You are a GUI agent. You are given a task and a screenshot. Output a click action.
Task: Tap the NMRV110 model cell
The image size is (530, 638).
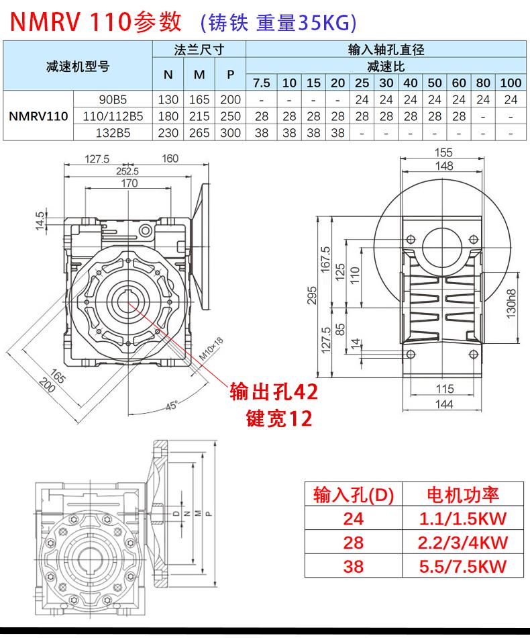38,116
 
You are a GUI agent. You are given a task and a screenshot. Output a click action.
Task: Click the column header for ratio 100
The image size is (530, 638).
511,83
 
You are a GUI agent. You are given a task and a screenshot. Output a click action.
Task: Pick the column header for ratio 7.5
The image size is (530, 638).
262,83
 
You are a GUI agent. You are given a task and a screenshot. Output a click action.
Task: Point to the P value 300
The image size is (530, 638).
230,133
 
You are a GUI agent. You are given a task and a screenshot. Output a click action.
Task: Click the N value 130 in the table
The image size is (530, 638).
168,99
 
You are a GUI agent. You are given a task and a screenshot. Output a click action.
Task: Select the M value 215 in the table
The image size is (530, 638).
199,116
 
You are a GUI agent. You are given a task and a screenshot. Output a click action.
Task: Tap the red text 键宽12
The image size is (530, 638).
280,419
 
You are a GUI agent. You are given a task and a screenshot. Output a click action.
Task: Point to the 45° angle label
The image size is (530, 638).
172,406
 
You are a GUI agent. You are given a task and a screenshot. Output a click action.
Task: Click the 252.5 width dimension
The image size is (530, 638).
126,171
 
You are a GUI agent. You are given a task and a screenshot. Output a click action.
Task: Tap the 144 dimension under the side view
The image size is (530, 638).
444,404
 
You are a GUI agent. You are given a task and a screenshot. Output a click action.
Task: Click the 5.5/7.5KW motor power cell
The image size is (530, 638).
463,565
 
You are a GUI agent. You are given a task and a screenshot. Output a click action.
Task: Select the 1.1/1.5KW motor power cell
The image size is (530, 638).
463,518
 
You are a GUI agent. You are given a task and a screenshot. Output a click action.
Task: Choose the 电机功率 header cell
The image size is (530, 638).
463,495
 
